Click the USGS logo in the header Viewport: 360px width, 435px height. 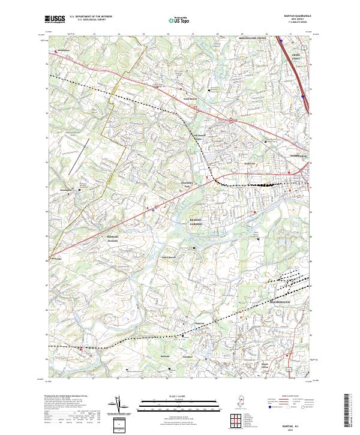(55, 19)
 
